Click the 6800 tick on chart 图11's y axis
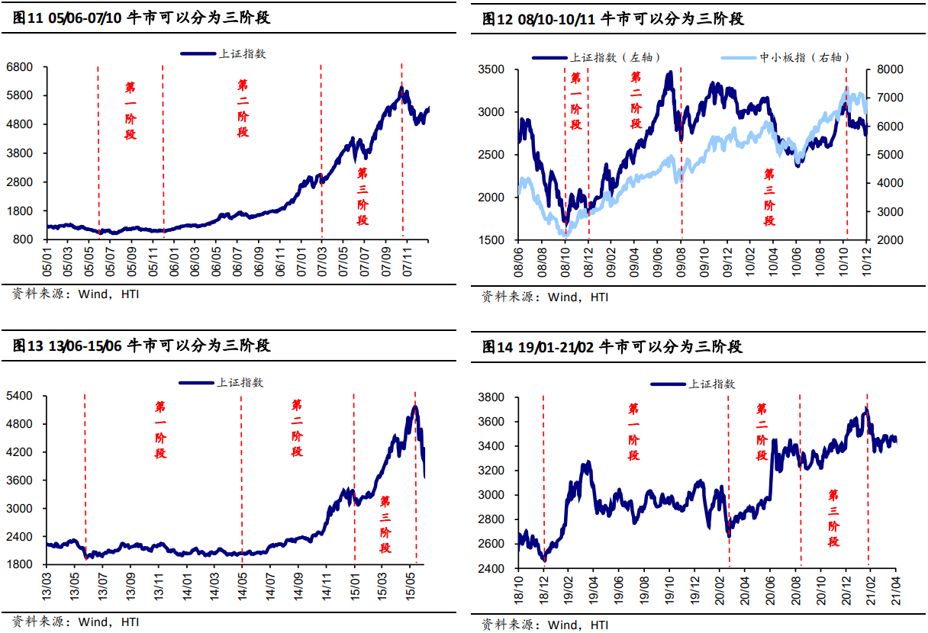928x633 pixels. pyautogui.click(x=19, y=67)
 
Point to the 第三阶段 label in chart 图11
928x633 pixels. pyautogui.click(x=362, y=197)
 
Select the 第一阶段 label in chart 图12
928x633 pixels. pyautogui.click(x=576, y=101)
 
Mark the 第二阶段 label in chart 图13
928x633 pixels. pyautogui.click(x=297, y=428)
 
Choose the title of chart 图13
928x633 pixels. pyautogui.click(x=143, y=345)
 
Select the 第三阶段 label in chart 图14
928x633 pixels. pyautogui.click(x=833, y=518)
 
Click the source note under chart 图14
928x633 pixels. pyautogui.click(x=545, y=625)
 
